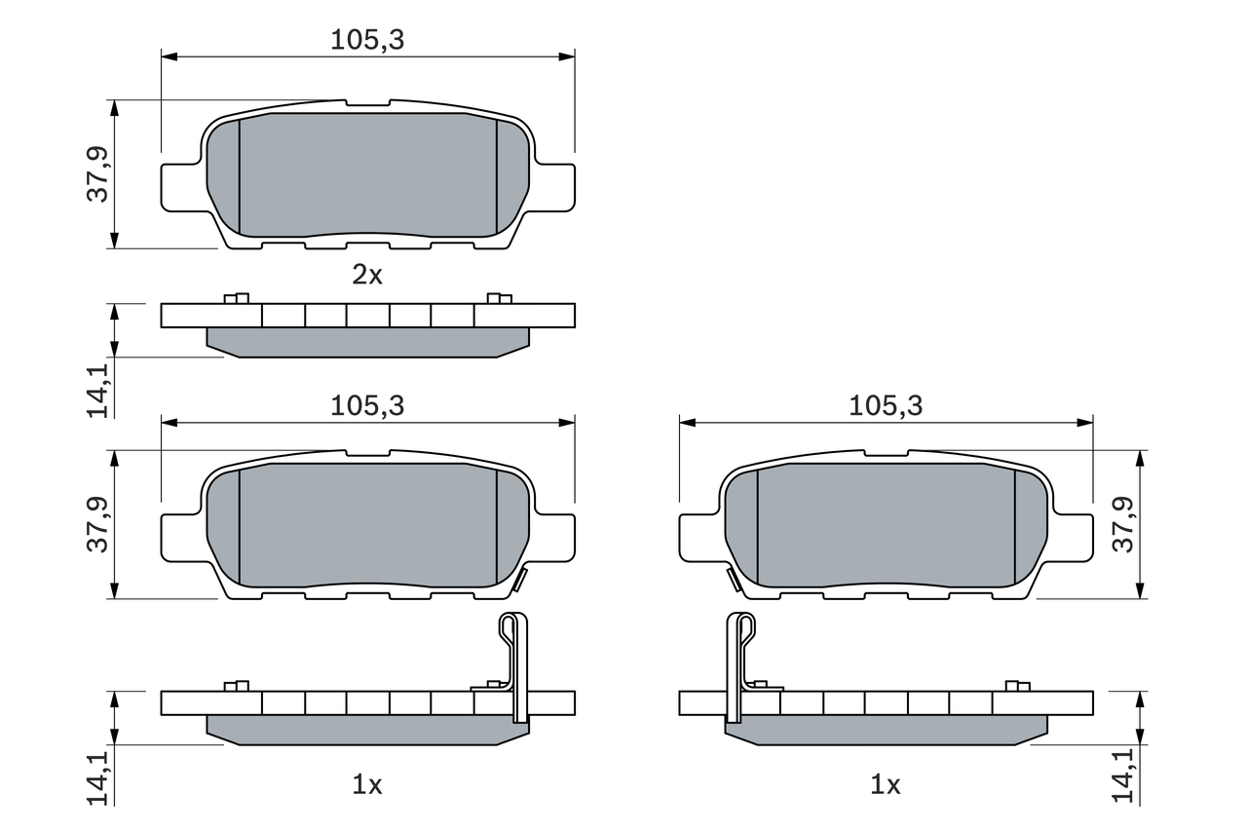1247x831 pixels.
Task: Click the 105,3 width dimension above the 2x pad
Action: (366, 40)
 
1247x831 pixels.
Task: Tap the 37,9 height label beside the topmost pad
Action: (98, 174)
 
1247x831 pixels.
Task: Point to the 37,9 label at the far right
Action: (1124, 524)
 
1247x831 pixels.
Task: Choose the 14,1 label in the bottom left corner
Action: (98, 775)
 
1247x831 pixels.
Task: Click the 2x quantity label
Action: (367, 275)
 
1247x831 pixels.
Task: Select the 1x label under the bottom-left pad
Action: (367, 784)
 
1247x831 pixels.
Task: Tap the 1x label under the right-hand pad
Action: (885, 784)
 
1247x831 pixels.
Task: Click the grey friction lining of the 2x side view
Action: (367, 342)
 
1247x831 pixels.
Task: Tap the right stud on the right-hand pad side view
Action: (1017, 686)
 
